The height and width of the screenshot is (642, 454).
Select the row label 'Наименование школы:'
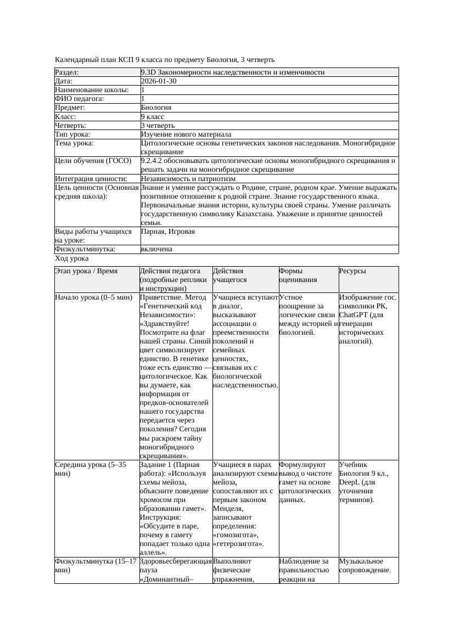tap(92, 90)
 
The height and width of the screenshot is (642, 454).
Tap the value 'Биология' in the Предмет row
tap(156, 108)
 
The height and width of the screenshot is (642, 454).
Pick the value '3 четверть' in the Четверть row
tap(158, 126)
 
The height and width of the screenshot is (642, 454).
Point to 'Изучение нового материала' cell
tap(186, 134)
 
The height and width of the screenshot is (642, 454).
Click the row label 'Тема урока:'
tap(75, 143)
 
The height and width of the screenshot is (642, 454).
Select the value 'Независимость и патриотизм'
tap(188, 179)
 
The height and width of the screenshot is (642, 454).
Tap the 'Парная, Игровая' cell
tap(168, 232)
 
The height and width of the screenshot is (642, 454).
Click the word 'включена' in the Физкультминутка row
tap(156, 249)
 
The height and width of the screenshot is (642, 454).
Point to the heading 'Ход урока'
tap(72, 258)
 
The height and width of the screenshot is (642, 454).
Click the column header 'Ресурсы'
tap(352, 271)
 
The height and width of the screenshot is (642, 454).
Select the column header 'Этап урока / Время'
tap(90, 271)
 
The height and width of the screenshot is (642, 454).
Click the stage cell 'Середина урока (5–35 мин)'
tap(91, 469)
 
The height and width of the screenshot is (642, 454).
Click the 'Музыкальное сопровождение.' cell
tap(365, 565)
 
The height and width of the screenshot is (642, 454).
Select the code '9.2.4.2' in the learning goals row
tap(153, 161)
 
